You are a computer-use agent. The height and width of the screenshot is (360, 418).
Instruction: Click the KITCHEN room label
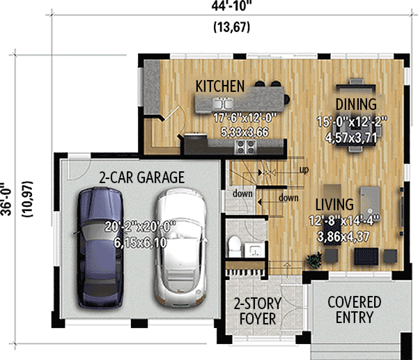219,86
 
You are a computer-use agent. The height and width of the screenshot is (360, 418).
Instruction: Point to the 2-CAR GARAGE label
141,178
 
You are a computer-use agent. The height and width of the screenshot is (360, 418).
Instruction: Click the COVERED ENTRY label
354,310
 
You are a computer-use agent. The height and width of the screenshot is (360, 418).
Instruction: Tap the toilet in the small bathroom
235,245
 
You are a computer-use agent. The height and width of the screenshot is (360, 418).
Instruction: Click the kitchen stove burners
246,146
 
